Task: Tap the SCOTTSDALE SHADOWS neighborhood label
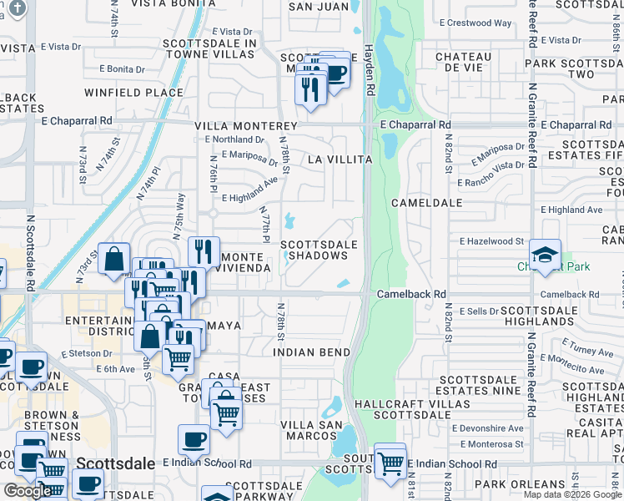[x=319, y=250]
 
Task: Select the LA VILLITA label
[x=338, y=158]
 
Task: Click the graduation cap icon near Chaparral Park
[x=545, y=255]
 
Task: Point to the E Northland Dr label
[x=235, y=139]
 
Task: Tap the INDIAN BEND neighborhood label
[x=311, y=352]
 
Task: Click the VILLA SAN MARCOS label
[x=311, y=432]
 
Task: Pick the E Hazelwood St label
[x=491, y=241]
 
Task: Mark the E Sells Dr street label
[x=478, y=311]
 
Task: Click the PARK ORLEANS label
[x=519, y=484]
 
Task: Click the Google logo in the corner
[x=28, y=491]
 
